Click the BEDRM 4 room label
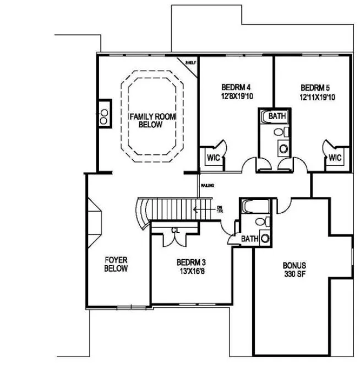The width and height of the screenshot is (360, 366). click(236, 87)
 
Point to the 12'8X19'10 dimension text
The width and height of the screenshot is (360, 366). click(236, 96)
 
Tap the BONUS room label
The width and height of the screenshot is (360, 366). click(294, 265)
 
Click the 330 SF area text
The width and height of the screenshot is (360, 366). click(294, 274)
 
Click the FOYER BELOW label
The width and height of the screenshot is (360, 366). click(116, 265)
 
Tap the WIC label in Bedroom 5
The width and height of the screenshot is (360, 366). click(335, 158)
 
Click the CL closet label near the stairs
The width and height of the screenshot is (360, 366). click(174, 230)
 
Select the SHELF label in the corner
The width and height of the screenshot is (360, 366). click(190, 62)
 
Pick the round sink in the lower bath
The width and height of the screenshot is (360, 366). click(265, 239)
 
